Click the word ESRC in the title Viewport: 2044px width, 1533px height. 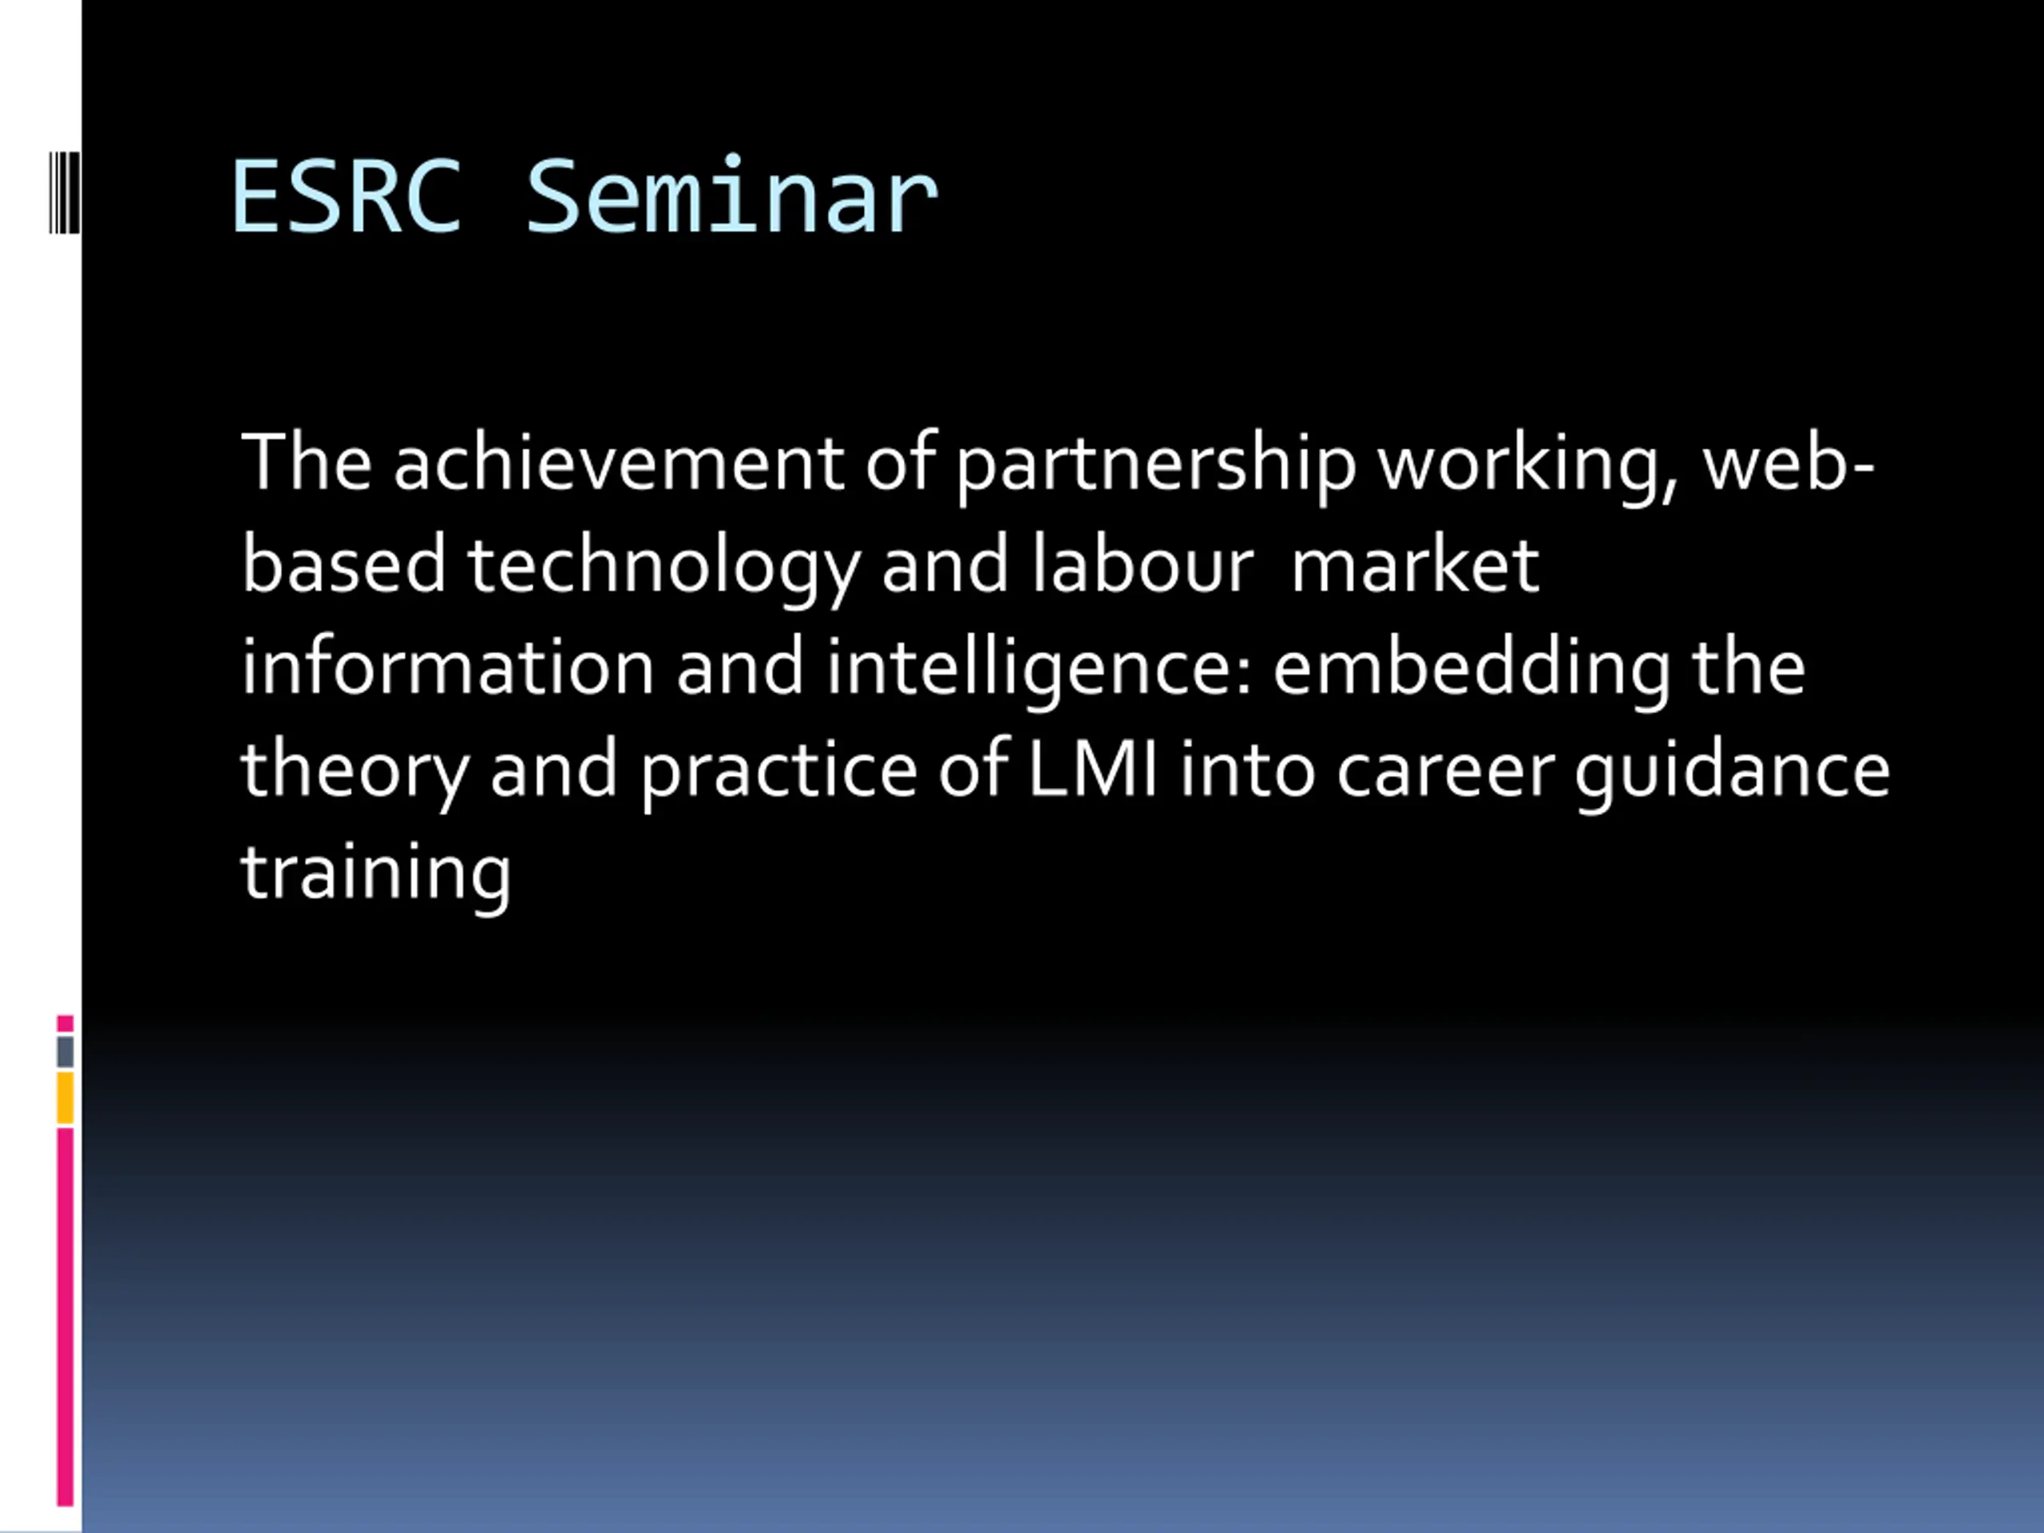tap(346, 196)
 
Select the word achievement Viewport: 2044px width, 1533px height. tap(618, 461)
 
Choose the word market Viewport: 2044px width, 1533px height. tap(1415, 564)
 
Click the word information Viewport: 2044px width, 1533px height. tap(448, 665)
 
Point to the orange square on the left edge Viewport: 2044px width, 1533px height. tap(65, 1098)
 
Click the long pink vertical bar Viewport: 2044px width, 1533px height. tap(65, 1317)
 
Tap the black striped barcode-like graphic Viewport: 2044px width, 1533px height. tap(65, 192)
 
